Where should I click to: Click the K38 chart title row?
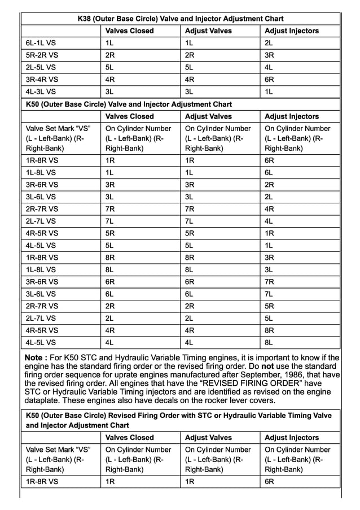pyautogui.click(x=180, y=19)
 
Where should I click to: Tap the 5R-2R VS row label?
pyautogui.click(x=41, y=55)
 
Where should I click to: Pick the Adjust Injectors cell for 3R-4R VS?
pyautogui.click(x=269, y=80)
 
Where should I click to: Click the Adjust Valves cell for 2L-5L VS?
pyautogui.click(x=190, y=67)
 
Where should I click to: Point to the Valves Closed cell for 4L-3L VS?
pyautogui.click(x=109, y=91)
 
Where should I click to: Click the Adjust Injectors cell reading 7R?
pyautogui.click(x=269, y=281)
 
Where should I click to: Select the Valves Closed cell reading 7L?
pyautogui.click(x=109, y=221)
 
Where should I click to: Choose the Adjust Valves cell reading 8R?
pyautogui.click(x=190, y=257)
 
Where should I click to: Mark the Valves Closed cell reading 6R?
pyautogui.click(x=110, y=281)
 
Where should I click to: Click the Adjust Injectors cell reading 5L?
pyautogui.click(x=269, y=318)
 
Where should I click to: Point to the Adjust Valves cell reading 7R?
pyautogui.click(x=190, y=209)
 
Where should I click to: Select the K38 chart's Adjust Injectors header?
pyautogui.click(x=292, y=31)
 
